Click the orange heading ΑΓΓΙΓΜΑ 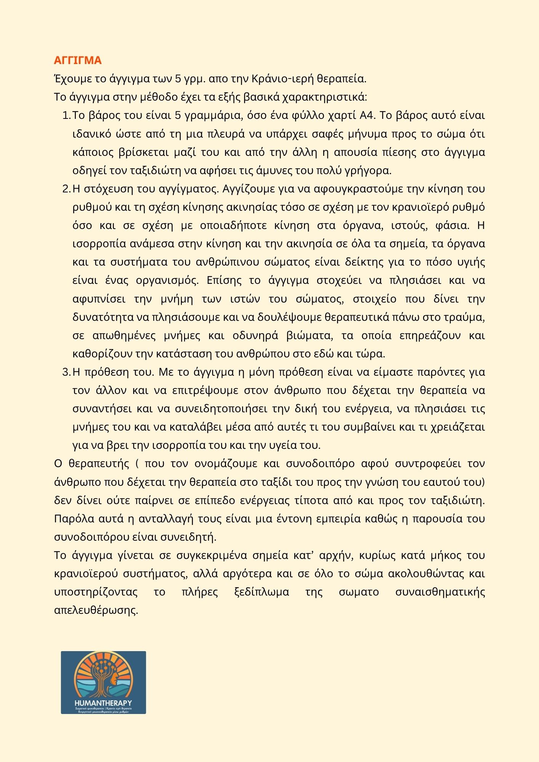tap(78, 61)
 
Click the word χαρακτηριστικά tap(324, 97)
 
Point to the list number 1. tap(66, 115)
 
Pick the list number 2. tap(66, 189)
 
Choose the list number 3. tap(66, 372)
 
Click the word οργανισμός tap(167, 280)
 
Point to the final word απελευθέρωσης tap(96, 610)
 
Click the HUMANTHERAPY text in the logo tap(103, 703)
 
